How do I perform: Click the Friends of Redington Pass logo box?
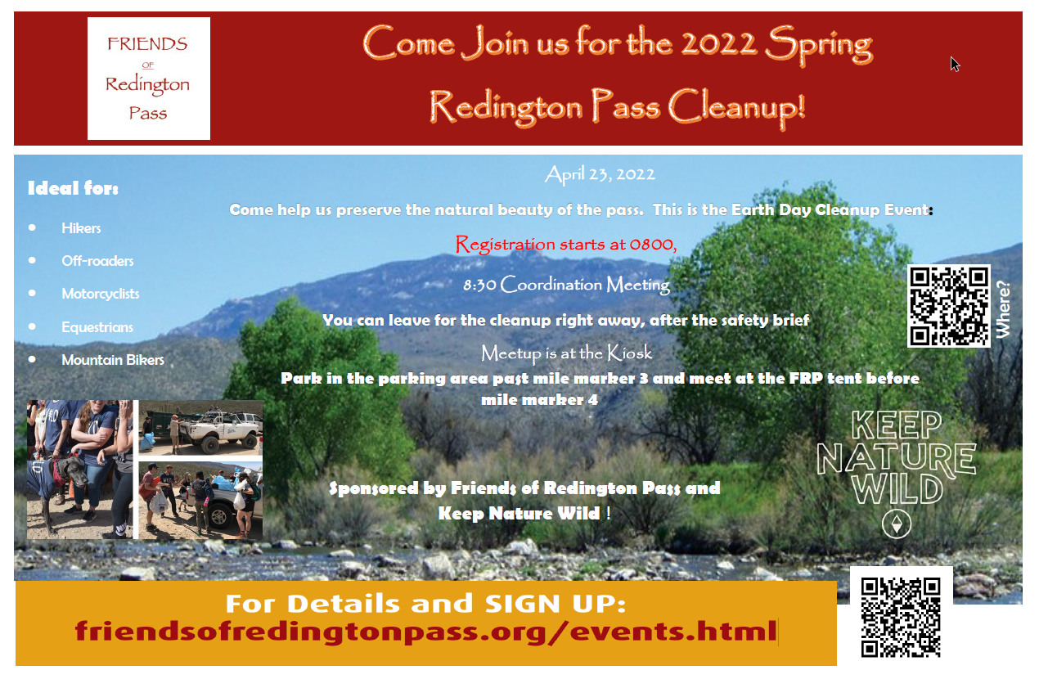[x=149, y=79]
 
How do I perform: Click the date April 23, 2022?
[x=600, y=175]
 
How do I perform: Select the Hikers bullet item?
[x=81, y=228]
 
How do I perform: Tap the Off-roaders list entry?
[x=97, y=261]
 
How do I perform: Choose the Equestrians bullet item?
[x=97, y=327]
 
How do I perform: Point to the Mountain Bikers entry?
[x=113, y=360]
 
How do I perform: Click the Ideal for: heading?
[x=74, y=188]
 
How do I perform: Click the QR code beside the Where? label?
[x=948, y=306]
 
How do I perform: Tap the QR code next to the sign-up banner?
[x=901, y=617]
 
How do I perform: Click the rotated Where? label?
[x=1003, y=309]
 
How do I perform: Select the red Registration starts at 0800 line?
[x=566, y=245]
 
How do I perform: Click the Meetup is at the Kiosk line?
[x=566, y=353]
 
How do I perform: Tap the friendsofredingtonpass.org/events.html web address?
[x=425, y=632]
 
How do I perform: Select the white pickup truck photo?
[x=200, y=428]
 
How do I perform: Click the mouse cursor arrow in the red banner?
[x=955, y=64]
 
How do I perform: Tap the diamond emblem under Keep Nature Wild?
[x=897, y=524]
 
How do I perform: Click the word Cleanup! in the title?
[x=736, y=107]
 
